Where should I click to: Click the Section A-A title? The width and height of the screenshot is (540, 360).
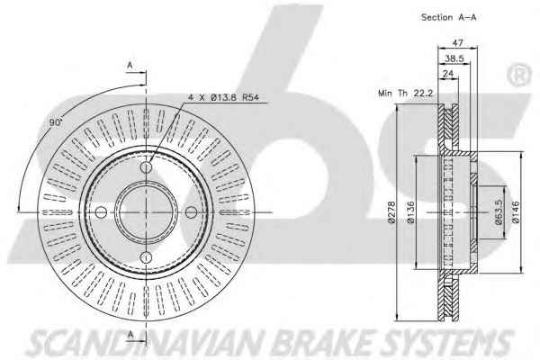coord(449,17)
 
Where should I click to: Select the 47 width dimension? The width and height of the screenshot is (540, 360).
coord(457,43)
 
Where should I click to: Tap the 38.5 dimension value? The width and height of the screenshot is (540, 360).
coord(454,58)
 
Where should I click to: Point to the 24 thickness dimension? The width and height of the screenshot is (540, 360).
coord(448,74)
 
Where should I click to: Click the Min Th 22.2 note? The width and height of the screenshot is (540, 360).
coord(405,93)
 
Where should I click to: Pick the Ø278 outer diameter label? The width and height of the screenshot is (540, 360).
coord(391,212)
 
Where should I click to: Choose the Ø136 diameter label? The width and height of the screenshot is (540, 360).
coord(410,212)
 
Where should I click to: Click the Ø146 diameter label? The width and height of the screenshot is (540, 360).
coord(516,212)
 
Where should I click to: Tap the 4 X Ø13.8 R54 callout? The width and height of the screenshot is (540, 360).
coord(223,97)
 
